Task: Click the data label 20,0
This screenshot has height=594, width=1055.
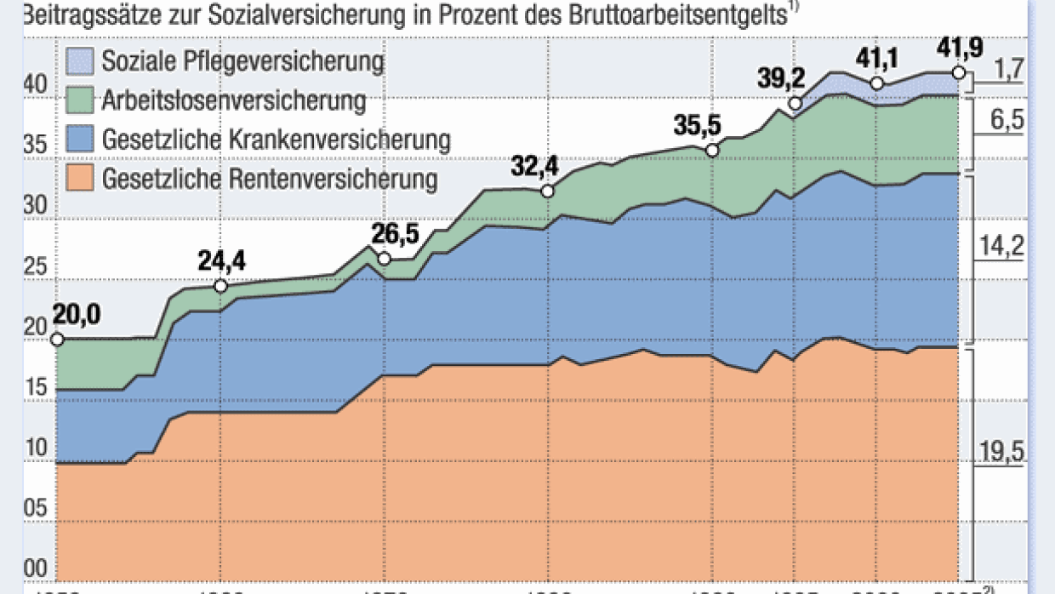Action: coord(77,315)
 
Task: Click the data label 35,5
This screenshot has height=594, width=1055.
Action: coord(699,125)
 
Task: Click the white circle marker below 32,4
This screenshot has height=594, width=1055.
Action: coord(547,191)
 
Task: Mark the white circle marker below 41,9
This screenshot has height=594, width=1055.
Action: coord(959,73)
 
